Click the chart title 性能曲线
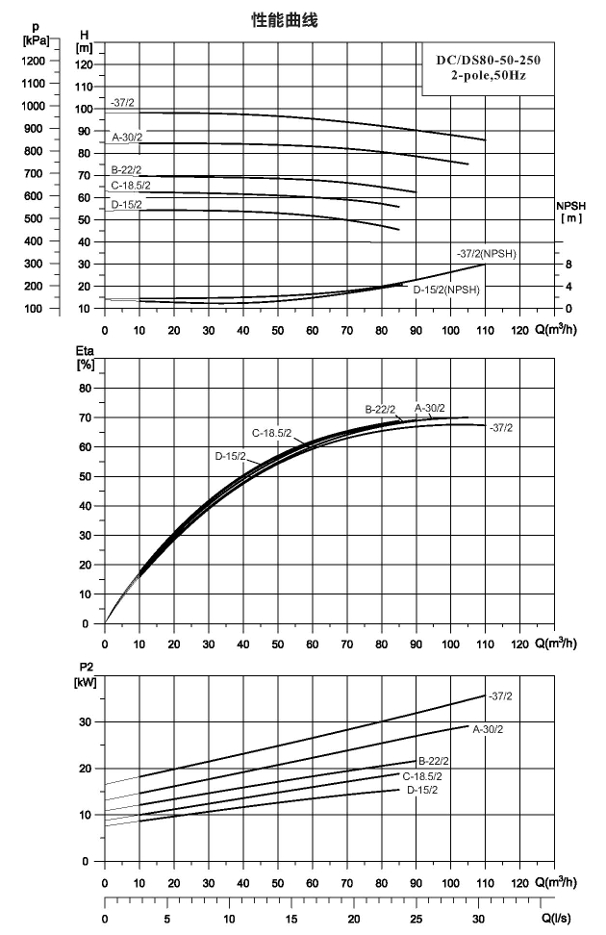coord(285,20)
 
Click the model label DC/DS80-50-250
coord(489,60)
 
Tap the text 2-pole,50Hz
coord(489,76)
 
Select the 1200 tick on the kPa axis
coord(33,61)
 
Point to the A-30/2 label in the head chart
coord(127,138)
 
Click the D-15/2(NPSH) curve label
coord(446,291)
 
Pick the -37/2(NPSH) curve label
coord(487,254)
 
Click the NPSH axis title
coord(570,212)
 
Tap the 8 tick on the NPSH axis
coord(569,265)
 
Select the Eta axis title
coord(86,358)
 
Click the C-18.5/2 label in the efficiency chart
coord(271,434)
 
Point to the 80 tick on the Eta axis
coord(86,389)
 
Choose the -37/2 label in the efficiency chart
coord(501,428)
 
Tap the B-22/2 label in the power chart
coord(434,762)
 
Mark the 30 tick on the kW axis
coord(86,722)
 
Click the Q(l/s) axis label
coord(556,919)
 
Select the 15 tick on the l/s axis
coord(291,919)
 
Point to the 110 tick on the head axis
coord(84,88)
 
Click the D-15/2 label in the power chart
coord(422,790)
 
